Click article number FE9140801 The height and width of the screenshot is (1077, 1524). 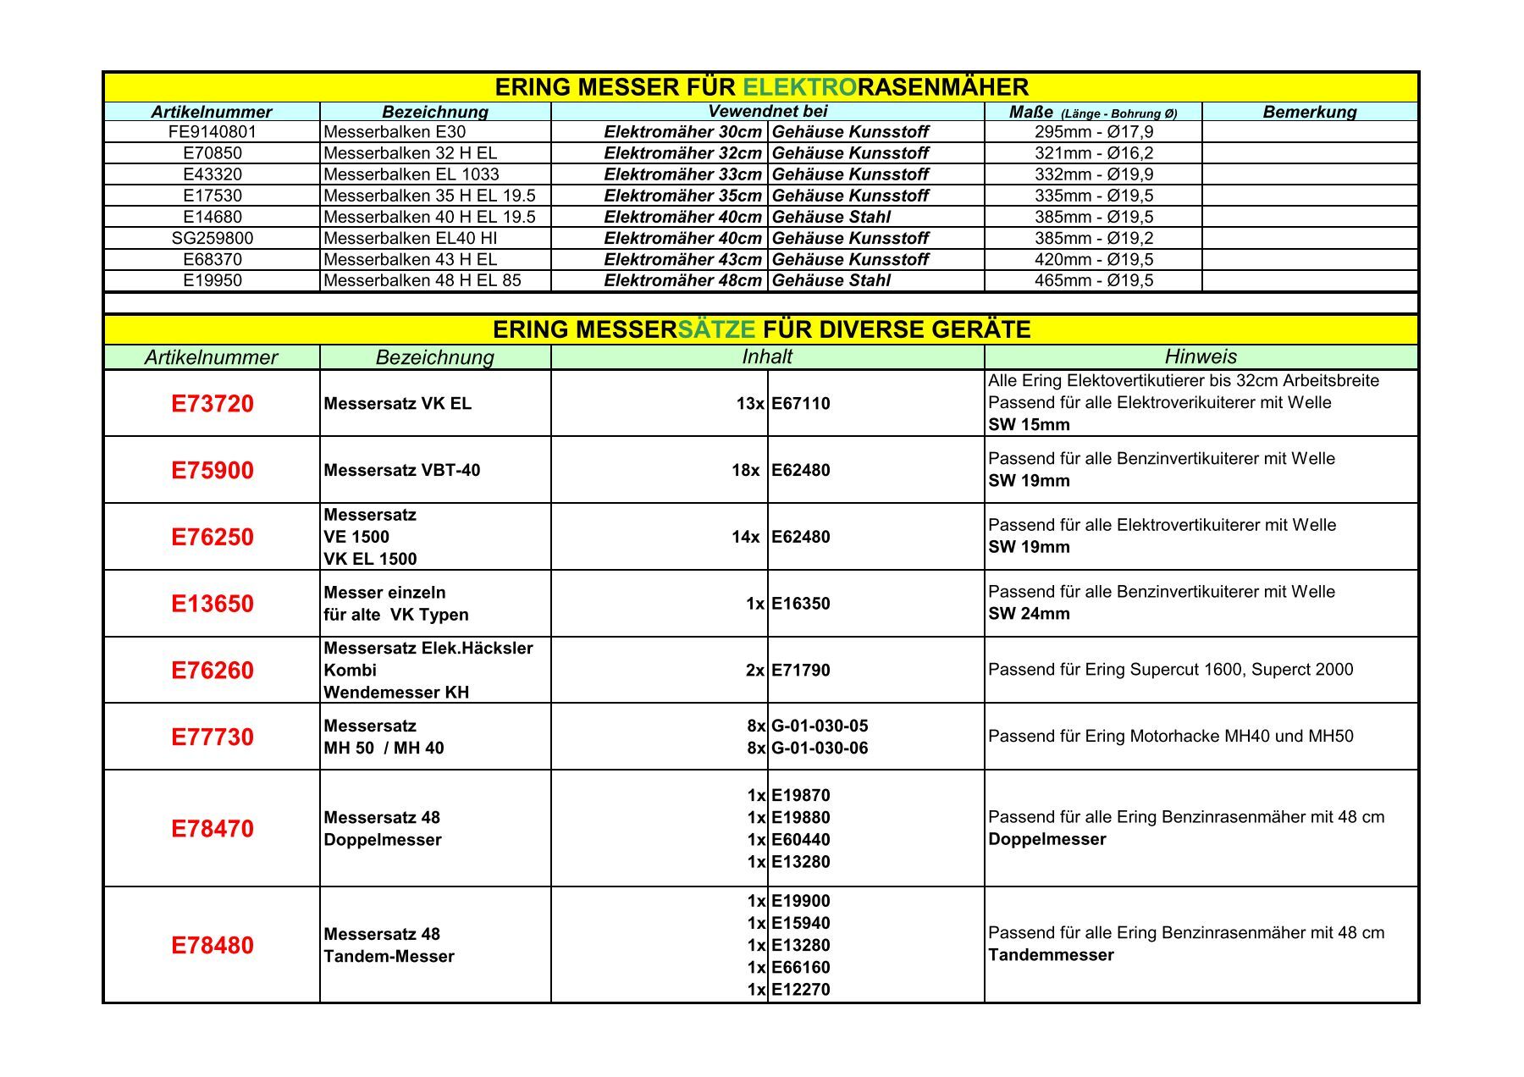click(212, 132)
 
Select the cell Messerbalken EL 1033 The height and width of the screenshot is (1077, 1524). click(411, 174)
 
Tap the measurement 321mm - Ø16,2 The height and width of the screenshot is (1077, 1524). click(1093, 153)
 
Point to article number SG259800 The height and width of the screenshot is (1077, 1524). click(212, 239)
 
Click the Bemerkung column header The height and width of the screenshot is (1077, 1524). click(1309, 112)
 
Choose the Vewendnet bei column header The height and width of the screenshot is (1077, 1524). click(767, 111)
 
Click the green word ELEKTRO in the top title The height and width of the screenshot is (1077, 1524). click(799, 87)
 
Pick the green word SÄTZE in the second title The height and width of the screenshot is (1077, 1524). click(717, 329)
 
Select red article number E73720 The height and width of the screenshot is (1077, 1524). click(212, 404)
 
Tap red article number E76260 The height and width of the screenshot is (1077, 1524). click(212, 671)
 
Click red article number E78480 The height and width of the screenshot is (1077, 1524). click(212, 946)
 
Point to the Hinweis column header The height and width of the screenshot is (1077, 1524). click(1200, 356)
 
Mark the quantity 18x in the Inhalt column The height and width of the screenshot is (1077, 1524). click(745, 471)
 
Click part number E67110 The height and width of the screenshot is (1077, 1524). click(800, 404)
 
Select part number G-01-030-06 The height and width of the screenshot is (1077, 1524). click(820, 748)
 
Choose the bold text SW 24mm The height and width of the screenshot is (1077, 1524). click(1029, 614)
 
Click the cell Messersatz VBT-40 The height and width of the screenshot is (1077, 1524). click(401, 471)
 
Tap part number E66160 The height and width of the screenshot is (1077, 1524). click(800, 968)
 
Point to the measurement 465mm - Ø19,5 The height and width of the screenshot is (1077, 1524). click(1093, 281)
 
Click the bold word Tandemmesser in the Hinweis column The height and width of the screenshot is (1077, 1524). click(1051, 955)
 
